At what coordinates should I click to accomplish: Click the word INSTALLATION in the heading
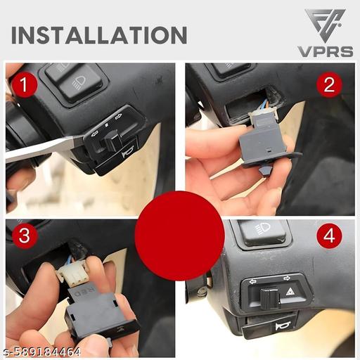coord(99,34)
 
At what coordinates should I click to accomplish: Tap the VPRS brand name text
coord(326,52)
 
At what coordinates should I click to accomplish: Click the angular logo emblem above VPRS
coord(324,25)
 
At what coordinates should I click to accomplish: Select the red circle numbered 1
coord(25,86)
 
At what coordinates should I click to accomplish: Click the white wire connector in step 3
coord(72,274)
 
